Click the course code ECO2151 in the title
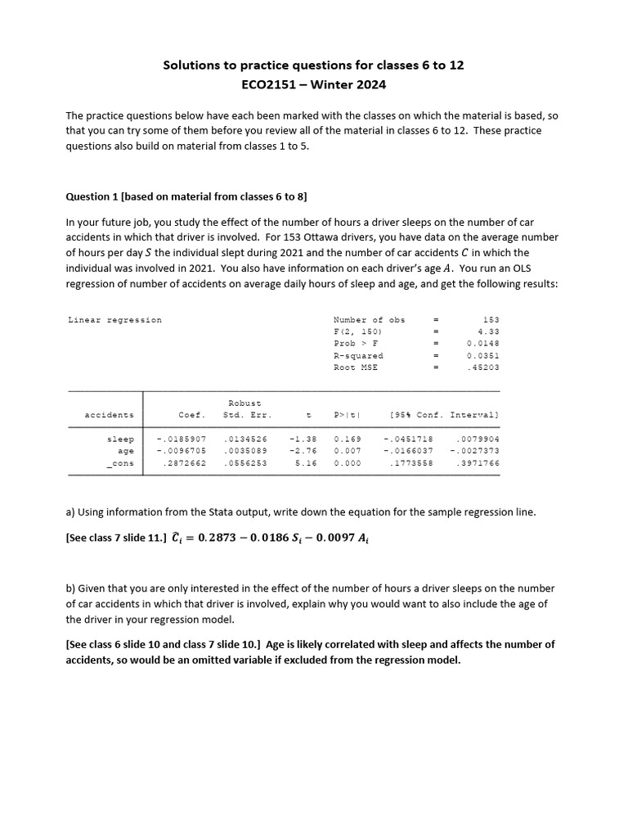(x=262, y=84)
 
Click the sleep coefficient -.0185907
(x=181, y=439)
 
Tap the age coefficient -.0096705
(x=181, y=451)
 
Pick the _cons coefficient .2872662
(x=184, y=463)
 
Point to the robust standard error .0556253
(x=245, y=463)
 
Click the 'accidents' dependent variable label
(x=110, y=415)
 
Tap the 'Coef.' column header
(x=192, y=415)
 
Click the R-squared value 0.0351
(x=482, y=356)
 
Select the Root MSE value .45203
(x=485, y=368)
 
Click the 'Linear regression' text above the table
(x=114, y=320)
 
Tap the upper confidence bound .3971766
(x=477, y=463)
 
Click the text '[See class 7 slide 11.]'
(x=115, y=537)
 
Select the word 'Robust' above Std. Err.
(x=244, y=403)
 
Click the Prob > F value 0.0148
(x=482, y=344)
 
